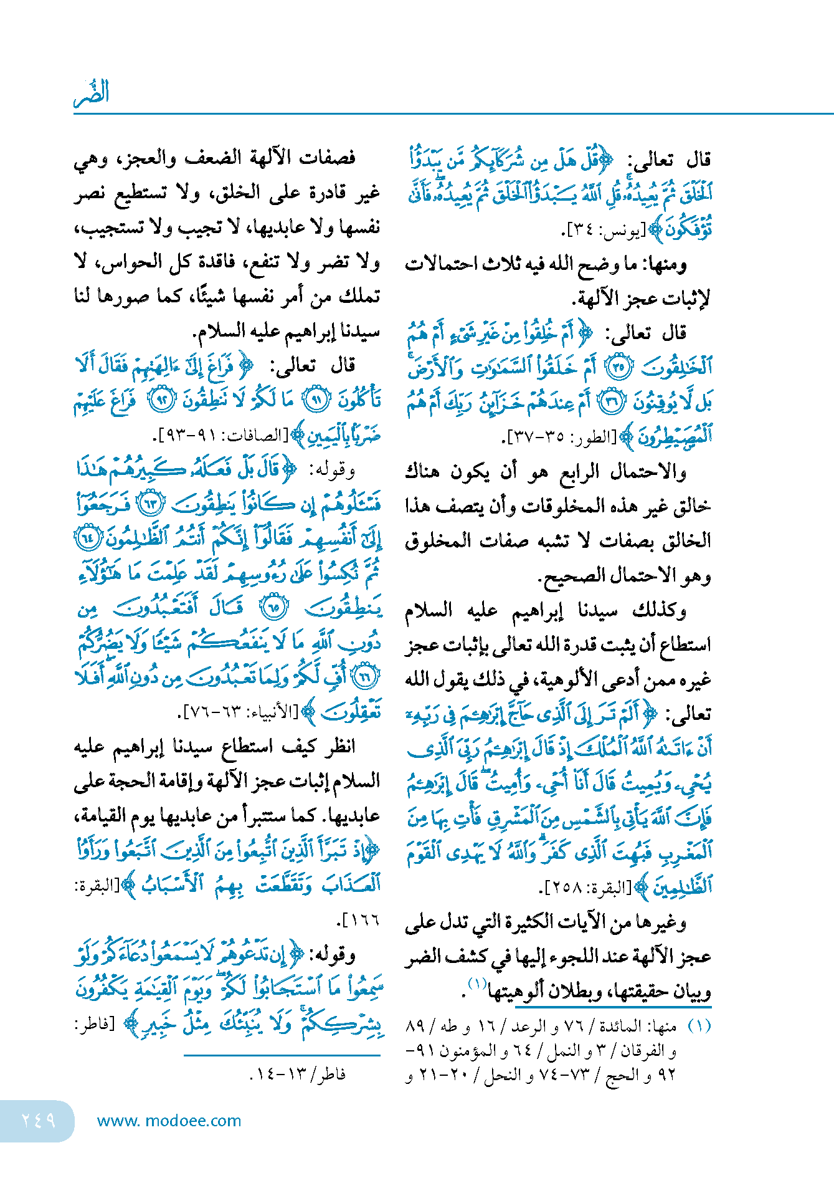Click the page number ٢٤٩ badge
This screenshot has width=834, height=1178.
[x=38, y=1121]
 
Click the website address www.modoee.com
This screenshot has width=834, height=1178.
[x=169, y=1121]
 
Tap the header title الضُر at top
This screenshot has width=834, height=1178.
[x=92, y=92]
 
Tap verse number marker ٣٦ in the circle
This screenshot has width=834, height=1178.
[x=613, y=403]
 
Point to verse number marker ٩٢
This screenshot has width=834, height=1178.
[x=162, y=400]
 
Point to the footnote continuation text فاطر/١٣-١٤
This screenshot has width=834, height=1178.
[x=298, y=1074]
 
